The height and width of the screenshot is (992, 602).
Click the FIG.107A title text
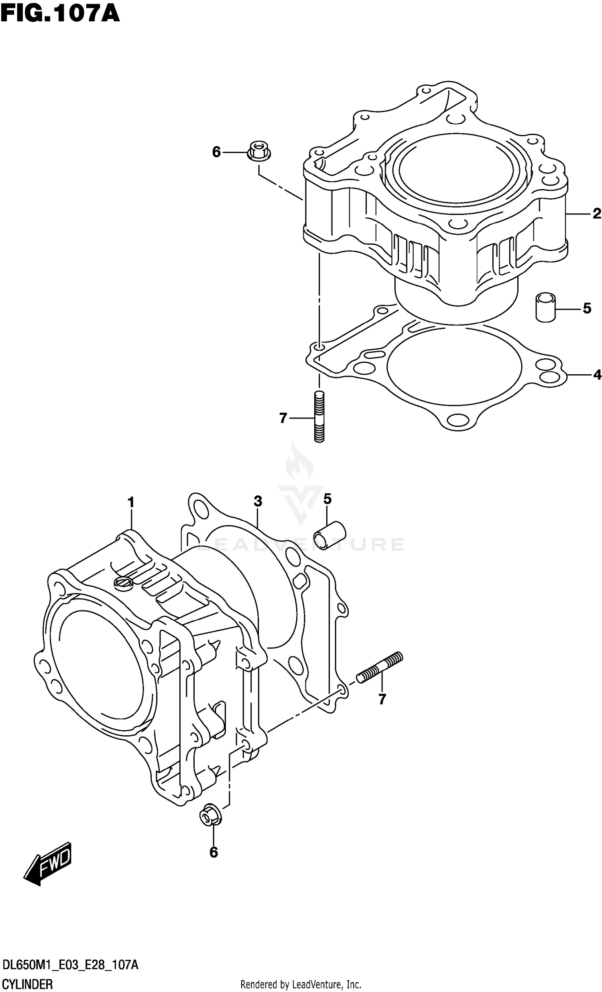(x=60, y=13)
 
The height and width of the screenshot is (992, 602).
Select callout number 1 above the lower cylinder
(x=130, y=502)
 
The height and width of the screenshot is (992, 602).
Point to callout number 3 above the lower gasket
(x=258, y=501)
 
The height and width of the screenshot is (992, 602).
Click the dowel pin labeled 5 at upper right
(x=545, y=308)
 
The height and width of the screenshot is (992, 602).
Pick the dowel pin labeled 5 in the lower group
(x=329, y=535)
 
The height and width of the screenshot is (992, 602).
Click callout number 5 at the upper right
(x=587, y=308)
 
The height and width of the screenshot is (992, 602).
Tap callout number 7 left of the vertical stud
(x=283, y=418)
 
